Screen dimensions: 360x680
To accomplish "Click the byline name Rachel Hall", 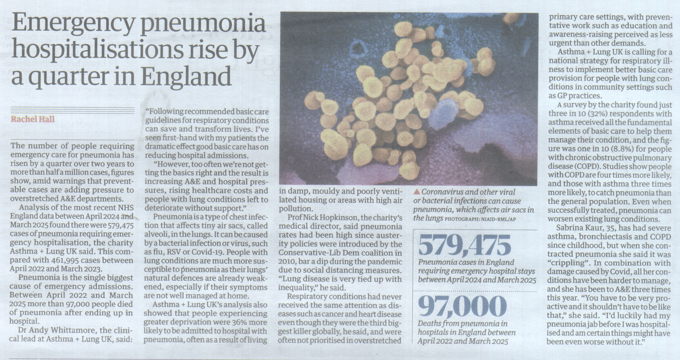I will click(33, 119).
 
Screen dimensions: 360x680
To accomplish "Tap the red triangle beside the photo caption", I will click(417, 192).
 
